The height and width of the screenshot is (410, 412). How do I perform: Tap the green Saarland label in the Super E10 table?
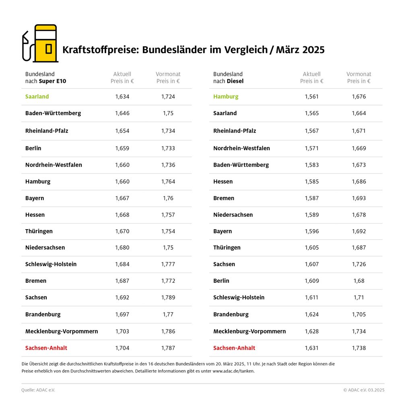coord(37,97)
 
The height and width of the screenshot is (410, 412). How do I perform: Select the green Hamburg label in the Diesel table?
coord(226,97)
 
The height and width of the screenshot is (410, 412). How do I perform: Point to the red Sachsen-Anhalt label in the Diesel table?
coord(234,348)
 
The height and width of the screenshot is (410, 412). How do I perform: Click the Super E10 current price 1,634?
coord(122,97)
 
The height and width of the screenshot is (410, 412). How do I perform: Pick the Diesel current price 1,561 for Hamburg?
coord(312,97)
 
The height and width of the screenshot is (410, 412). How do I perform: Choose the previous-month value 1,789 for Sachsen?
coord(168,298)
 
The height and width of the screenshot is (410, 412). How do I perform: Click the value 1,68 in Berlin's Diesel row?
coord(359,281)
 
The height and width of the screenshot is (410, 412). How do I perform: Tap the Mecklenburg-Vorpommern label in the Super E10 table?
coord(62,331)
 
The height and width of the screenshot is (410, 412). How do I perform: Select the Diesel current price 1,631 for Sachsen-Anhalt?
coord(312,348)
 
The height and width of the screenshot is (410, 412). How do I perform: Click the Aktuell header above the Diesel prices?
coord(312,74)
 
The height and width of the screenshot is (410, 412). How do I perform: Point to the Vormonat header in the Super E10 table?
coord(168,74)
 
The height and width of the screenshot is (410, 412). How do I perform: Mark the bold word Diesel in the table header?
coord(235,81)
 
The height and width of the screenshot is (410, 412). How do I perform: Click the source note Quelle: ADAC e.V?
coord(38,390)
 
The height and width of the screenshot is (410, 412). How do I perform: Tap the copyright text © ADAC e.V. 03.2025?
coord(364,390)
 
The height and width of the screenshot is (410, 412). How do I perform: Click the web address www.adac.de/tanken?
coord(233,371)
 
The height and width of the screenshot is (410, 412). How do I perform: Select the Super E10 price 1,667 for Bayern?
coord(122,198)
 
